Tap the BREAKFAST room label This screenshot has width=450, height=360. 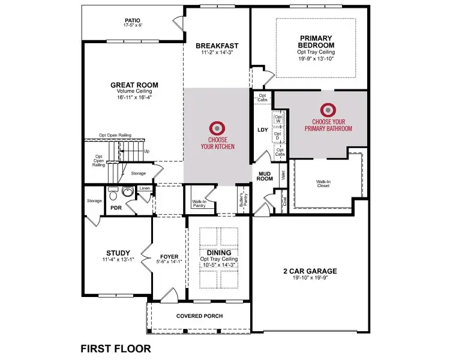[217, 46]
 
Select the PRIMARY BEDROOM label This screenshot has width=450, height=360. [316, 42]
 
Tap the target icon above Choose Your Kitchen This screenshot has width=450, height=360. [217, 128]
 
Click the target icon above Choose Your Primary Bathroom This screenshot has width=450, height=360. [328, 110]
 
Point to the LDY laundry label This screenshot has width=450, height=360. [262, 129]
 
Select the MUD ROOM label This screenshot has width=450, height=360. [265, 175]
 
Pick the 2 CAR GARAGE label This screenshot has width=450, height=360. [310, 271]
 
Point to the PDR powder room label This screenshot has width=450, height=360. [116, 208]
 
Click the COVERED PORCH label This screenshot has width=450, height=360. [199, 316]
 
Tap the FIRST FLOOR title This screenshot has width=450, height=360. [115, 348]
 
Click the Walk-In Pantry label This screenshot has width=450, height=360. [200, 204]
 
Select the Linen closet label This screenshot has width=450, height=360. [145, 189]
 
